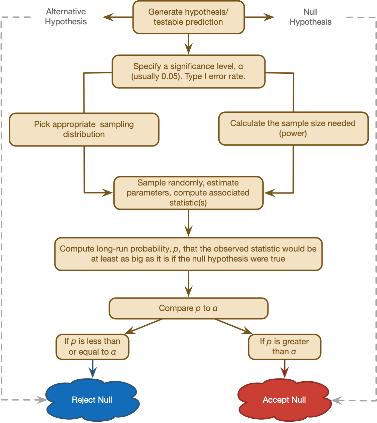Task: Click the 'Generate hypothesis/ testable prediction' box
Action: click(188, 17)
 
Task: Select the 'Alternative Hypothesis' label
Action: click(66, 17)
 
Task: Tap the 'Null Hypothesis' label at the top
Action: click(311, 17)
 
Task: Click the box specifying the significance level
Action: click(188, 71)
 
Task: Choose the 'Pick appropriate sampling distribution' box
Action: click(84, 129)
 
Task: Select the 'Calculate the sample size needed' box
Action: click(293, 128)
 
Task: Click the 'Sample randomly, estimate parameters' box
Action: click(188, 193)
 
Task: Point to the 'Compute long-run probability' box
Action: click(188, 254)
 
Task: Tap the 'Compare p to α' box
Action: click(188, 308)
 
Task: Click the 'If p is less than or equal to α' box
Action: click(92, 347)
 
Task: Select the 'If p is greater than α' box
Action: click(285, 347)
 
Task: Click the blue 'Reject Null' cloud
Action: click(92, 400)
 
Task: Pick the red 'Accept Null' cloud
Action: click(285, 400)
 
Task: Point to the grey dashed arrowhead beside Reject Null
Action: click(42, 400)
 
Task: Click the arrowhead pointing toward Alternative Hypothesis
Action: click(108, 17)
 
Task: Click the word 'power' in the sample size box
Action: click(293, 133)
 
